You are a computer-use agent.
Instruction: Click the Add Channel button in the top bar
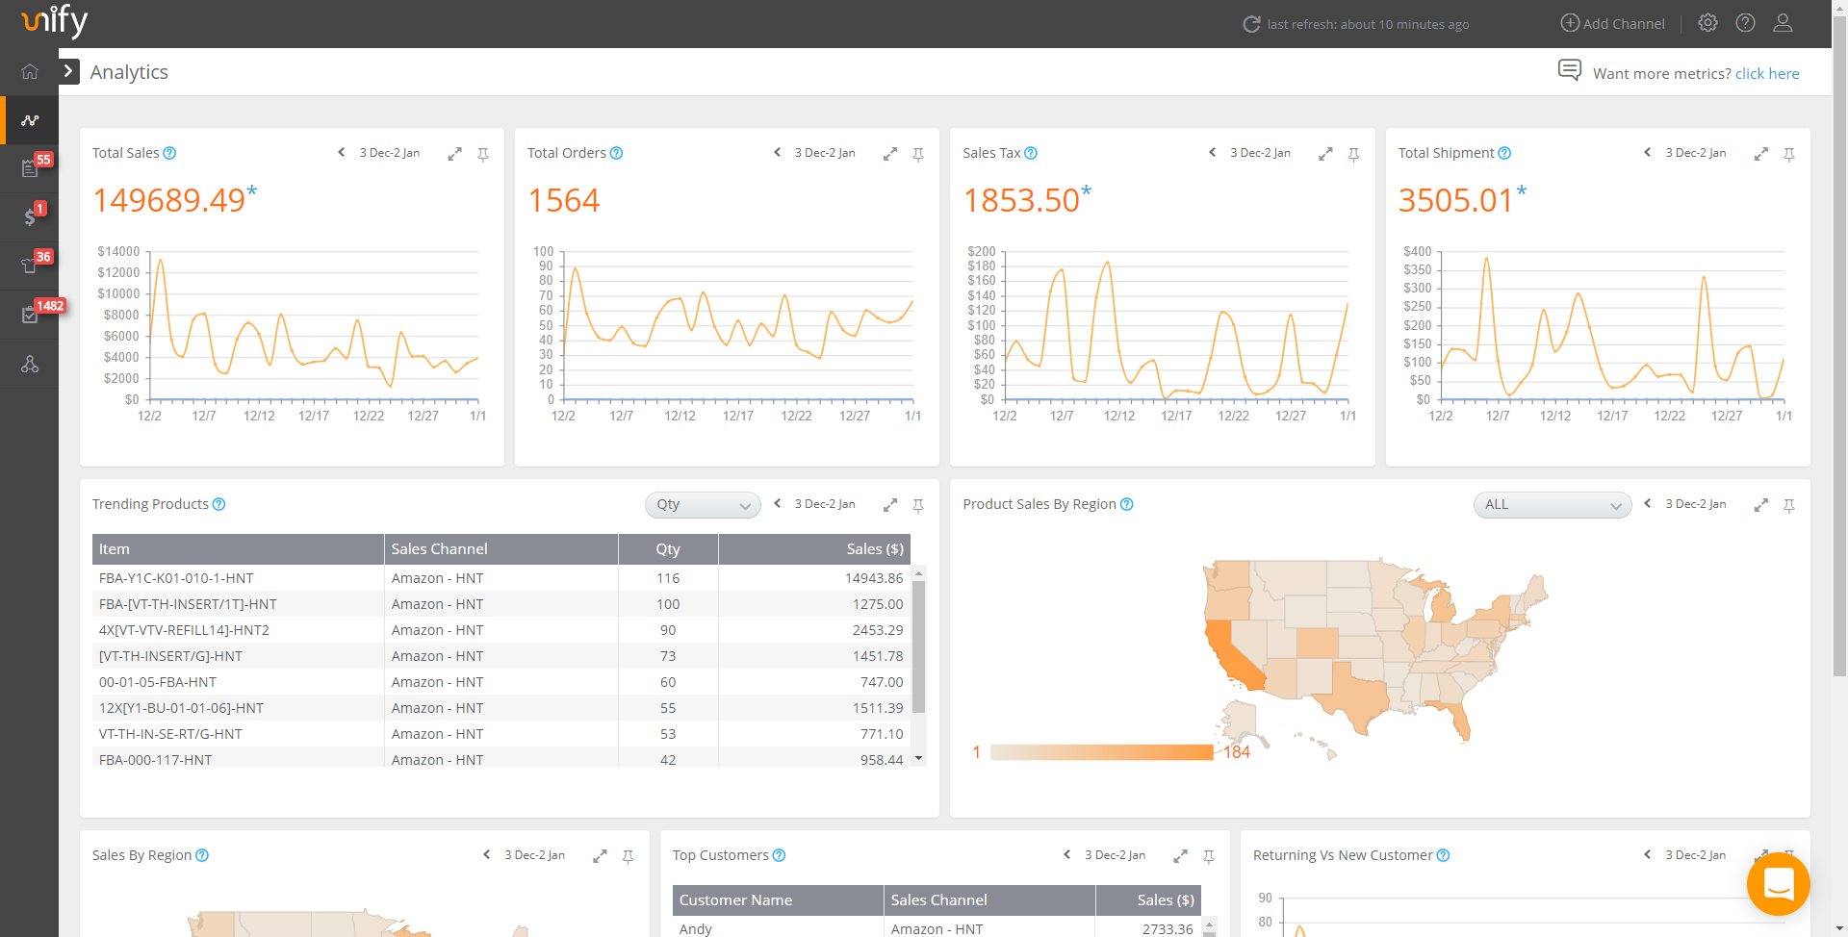pos(1612,23)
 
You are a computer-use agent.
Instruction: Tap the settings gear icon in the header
pos(1707,23)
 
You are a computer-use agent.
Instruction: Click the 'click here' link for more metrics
pos(1766,74)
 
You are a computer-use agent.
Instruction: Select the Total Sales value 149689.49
pos(169,200)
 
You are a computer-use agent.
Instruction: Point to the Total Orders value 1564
pos(564,200)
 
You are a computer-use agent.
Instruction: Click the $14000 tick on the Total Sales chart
pos(118,252)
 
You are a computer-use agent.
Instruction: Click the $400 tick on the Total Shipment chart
pos(1417,252)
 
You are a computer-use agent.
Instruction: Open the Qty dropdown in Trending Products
pos(702,505)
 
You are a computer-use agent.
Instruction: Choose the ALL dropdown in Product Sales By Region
pos(1552,505)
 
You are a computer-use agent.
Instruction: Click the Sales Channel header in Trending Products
pos(440,549)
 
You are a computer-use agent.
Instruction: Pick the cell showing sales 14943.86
pos(874,578)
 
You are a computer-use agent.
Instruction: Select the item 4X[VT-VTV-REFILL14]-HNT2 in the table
pos(184,630)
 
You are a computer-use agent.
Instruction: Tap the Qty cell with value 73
pos(668,656)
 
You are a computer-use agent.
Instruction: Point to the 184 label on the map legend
pos(1237,752)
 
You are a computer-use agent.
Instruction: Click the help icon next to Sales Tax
pos(1031,153)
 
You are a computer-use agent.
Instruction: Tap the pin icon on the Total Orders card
pos(918,154)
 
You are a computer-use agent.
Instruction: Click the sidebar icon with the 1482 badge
pos(30,316)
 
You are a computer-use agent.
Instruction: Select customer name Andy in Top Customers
pos(696,928)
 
